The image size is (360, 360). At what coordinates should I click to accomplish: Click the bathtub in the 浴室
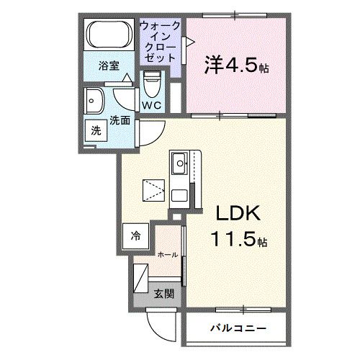110,37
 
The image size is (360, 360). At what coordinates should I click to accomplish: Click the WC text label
151,105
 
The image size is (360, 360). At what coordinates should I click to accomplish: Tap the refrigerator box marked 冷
137,235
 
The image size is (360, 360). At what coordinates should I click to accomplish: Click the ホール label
167,254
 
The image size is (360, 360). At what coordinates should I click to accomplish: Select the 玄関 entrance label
163,293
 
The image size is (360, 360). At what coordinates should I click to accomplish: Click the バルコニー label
238,329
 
